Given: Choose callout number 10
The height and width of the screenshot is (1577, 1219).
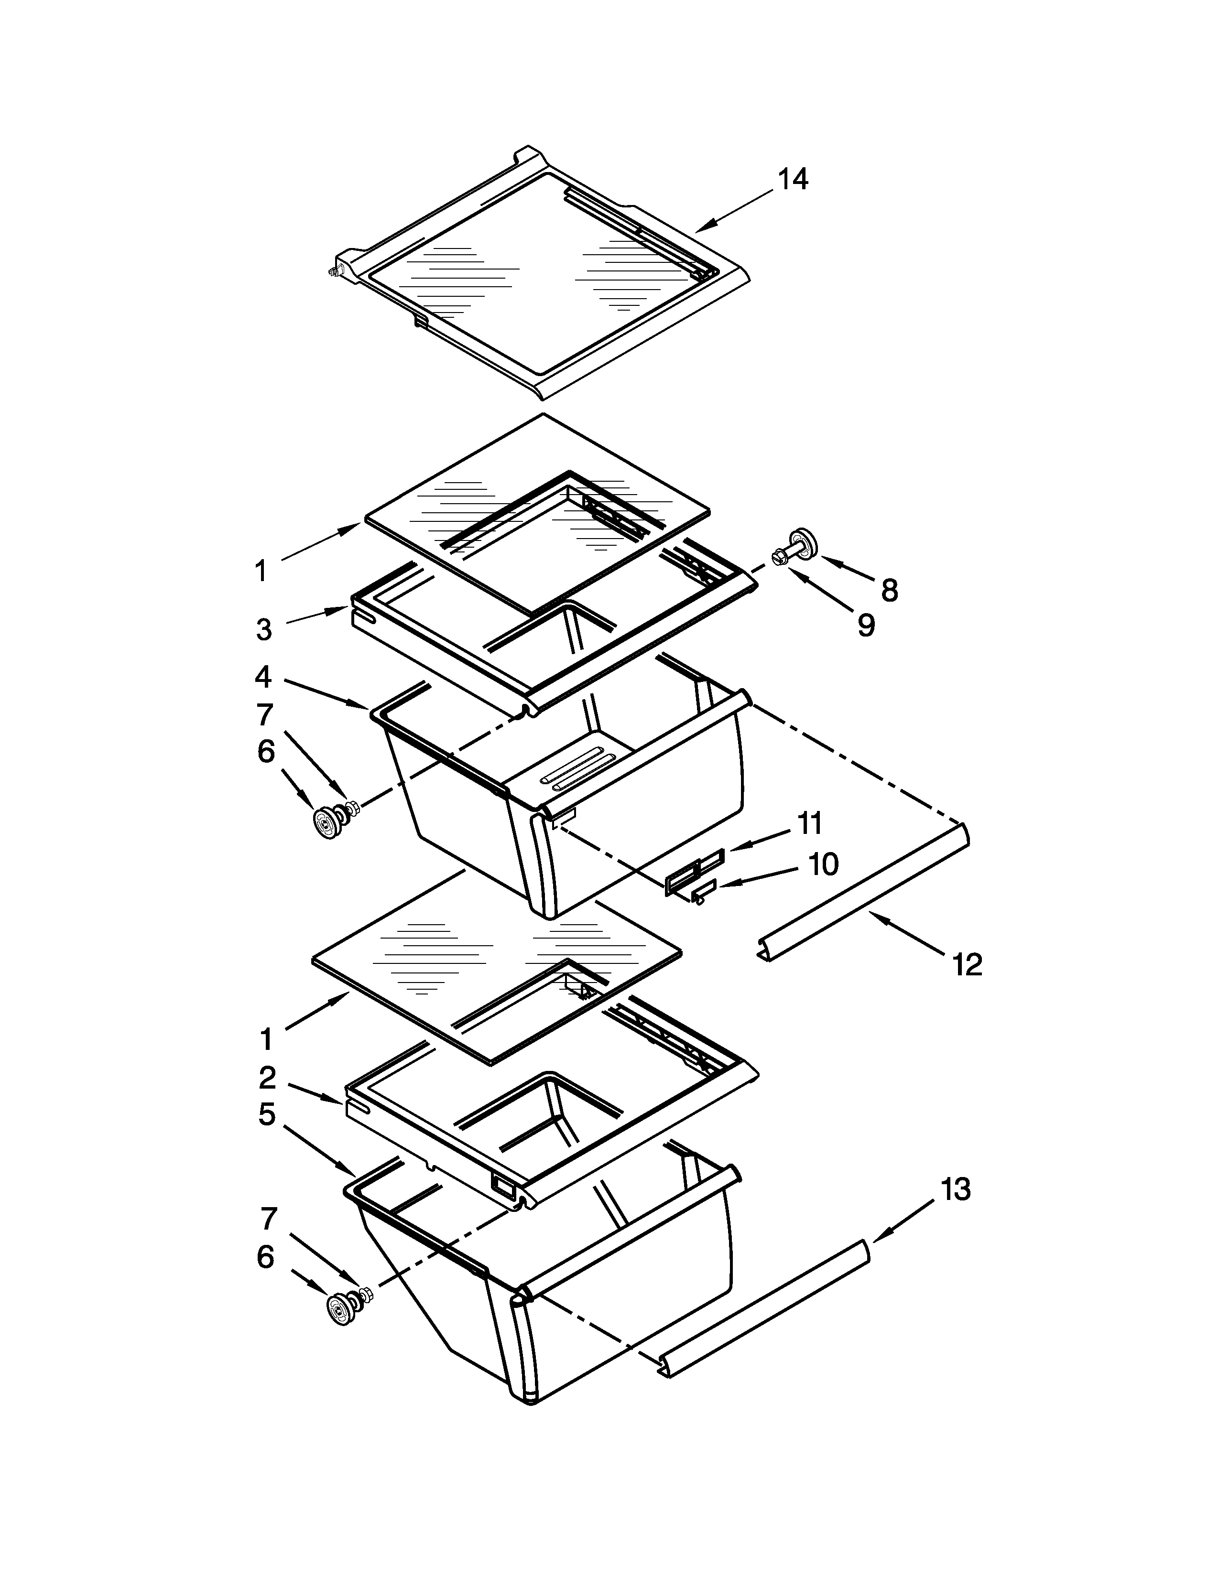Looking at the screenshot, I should coord(823,864).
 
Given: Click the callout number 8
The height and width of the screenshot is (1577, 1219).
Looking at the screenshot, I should coord(890,591).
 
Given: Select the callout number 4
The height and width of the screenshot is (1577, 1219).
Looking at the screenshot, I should coord(263,677).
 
